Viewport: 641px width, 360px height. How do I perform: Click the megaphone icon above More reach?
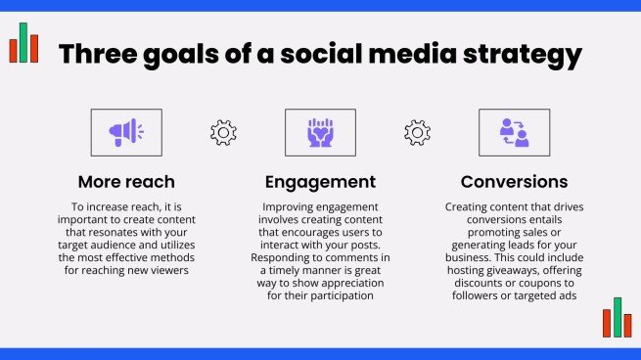tap(126, 132)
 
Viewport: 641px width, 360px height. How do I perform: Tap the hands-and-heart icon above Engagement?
tap(320, 132)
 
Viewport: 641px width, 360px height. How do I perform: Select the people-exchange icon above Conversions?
tap(514, 132)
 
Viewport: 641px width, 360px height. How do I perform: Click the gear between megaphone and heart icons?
tap(224, 132)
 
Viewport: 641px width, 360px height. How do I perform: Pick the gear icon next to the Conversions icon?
tap(418, 132)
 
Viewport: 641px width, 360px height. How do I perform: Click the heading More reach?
tap(126, 182)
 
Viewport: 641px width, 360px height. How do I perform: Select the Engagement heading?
tap(320, 182)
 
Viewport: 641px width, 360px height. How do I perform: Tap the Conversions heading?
tap(514, 182)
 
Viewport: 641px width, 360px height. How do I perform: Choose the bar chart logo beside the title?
tap(23, 44)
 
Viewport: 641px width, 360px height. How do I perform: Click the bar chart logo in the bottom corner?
tap(618, 318)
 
